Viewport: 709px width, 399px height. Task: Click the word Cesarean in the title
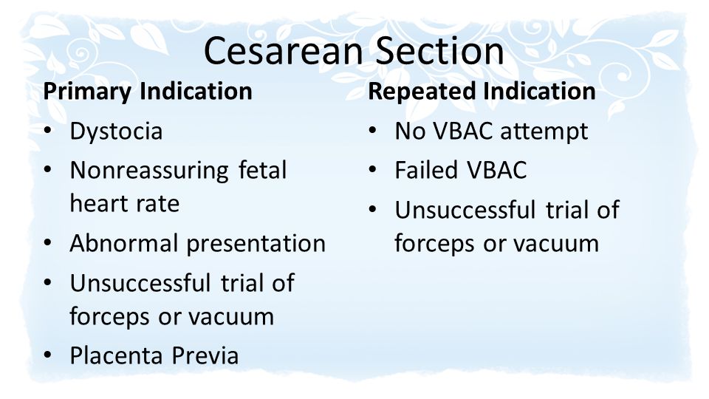tap(284, 51)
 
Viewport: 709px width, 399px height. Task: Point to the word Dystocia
tap(116, 132)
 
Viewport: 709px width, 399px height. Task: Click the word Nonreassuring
tap(149, 171)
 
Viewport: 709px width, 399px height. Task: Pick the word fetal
tap(262, 170)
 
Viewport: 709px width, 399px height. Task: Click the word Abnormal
tap(123, 243)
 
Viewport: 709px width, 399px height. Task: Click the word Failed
tap(426, 171)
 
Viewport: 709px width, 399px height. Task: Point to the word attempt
tap(544, 132)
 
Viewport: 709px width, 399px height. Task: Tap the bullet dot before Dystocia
tap(48, 131)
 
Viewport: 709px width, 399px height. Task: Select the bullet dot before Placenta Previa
tap(48, 355)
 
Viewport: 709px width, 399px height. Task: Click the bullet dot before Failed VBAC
tap(372, 170)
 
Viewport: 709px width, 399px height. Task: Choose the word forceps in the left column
tap(109, 317)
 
